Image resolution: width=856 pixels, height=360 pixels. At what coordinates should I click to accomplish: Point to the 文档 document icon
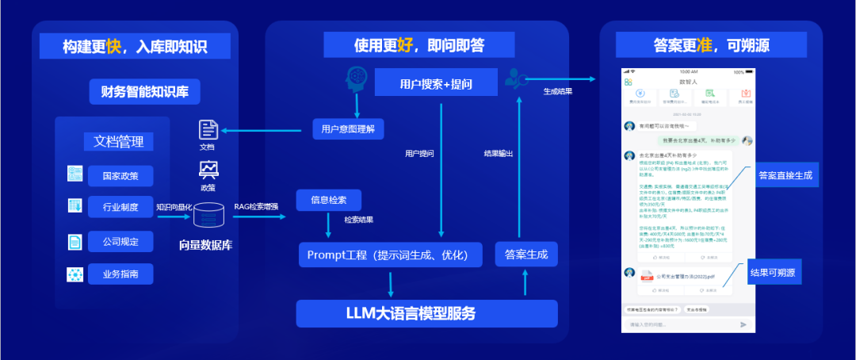point(208,130)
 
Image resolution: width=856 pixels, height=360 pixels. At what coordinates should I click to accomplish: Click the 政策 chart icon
point(208,170)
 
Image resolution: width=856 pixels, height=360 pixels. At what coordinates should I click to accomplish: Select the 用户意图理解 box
point(348,128)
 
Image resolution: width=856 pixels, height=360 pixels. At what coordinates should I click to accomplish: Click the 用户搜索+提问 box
point(435,83)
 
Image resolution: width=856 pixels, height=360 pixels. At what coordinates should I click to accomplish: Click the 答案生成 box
point(525,255)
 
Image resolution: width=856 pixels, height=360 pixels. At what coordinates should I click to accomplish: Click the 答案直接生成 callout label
point(785,174)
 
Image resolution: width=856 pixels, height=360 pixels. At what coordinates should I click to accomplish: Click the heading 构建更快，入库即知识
point(135,46)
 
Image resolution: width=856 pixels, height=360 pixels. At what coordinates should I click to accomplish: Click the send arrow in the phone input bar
point(743,324)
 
